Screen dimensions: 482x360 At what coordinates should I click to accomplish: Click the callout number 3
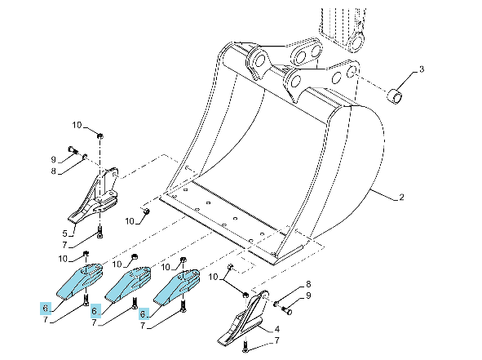pos(421,69)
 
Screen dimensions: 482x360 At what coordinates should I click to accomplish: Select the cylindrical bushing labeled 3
pos(396,96)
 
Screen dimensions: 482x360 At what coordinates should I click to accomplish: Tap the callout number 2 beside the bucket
pos(401,196)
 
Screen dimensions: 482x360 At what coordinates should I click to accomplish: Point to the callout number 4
pos(276,329)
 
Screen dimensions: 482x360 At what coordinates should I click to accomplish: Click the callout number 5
pos(64,233)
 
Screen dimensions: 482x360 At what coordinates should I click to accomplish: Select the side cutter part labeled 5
pos(94,195)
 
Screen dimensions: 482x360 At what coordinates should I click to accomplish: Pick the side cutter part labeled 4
pos(241,318)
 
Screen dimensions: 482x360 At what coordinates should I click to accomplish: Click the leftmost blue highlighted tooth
pos(79,281)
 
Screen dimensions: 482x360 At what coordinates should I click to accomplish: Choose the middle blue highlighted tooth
pos(128,285)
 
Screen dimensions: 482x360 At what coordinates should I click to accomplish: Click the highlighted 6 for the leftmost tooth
pos(46,308)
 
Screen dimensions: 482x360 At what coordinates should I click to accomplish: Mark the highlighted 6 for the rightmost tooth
pos(144,313)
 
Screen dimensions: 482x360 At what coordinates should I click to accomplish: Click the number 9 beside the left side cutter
pos(54,159)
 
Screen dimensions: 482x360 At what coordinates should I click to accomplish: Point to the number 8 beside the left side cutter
pos(54,171)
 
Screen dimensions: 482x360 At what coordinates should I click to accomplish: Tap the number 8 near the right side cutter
pos(308,284)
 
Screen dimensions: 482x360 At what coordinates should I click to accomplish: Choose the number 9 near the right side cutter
pos(308,296)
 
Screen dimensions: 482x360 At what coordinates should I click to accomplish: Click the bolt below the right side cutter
pos(245,345)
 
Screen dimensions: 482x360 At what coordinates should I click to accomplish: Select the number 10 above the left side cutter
pos(77,125)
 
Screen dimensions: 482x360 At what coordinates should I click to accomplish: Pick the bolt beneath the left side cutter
pos(99,232)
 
